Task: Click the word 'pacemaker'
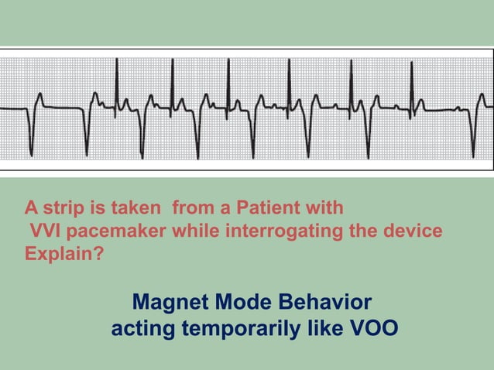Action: tap(115, 231)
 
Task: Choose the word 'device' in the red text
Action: tap(414, 231)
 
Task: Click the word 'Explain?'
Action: tap(62, 252)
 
